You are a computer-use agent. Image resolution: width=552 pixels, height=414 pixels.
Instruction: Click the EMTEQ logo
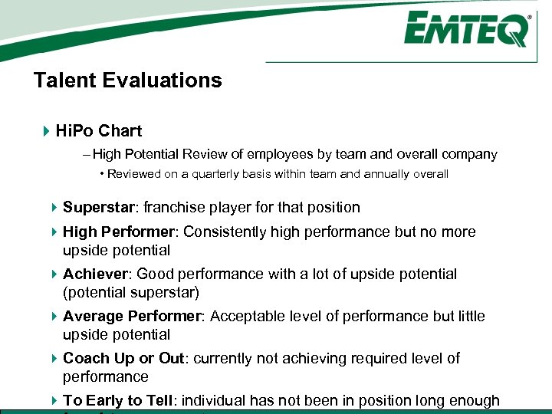(x=466, y=30)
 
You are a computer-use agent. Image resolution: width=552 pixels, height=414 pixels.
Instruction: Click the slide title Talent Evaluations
(x=128, y=80)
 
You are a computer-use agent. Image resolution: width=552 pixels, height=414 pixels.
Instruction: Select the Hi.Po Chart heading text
(x=99, y=131)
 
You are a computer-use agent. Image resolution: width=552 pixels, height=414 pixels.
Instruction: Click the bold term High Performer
(x=119, y=232)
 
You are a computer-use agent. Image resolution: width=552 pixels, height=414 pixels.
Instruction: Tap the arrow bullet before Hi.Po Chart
(x=47, y=131)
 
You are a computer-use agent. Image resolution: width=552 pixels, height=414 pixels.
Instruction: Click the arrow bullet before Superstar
(x=54, y=207)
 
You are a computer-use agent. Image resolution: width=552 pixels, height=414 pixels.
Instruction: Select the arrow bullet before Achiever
(x=54, y=274)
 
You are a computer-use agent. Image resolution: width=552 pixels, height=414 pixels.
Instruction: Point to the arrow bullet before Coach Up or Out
(x=54, y=358)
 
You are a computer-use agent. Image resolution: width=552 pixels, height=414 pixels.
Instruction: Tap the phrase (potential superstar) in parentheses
(x=132, y=292)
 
